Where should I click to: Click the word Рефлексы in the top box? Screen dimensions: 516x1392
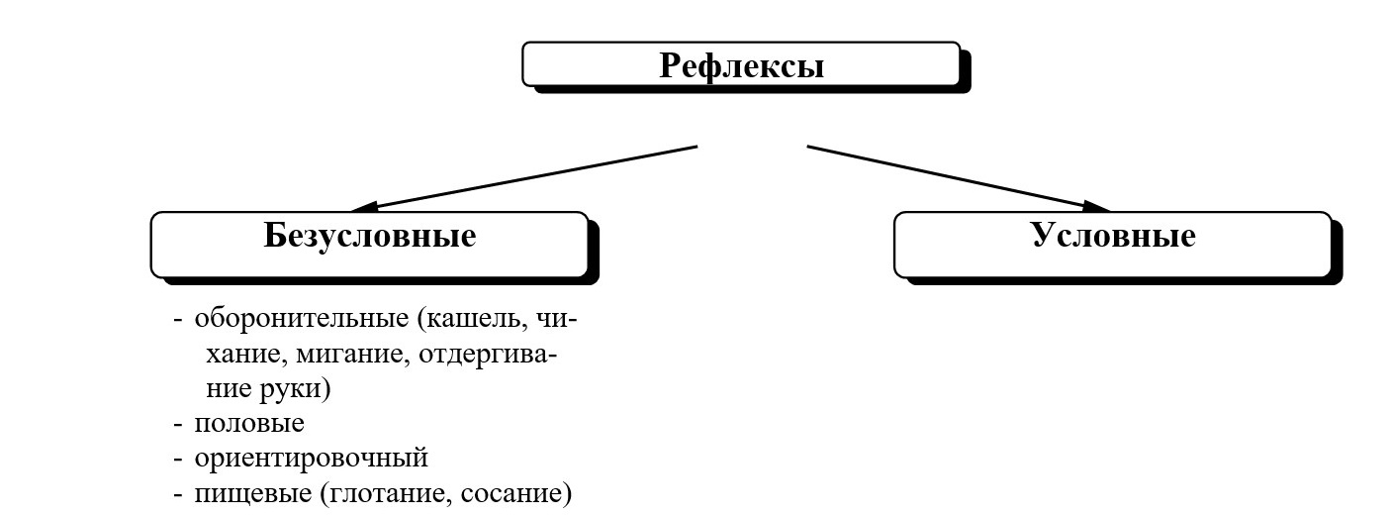[741, 66]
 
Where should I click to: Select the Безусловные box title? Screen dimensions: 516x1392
[369, 236]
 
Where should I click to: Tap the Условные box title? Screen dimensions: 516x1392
[1112, 236]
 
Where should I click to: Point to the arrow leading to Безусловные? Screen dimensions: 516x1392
[524, 178]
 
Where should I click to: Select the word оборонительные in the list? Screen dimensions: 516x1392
[302, 319]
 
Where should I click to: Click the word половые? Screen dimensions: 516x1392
[249, 423]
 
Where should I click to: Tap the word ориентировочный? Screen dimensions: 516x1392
[311, 458]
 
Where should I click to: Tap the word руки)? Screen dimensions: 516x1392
[297, 388]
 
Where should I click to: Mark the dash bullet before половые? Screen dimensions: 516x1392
[178, 424]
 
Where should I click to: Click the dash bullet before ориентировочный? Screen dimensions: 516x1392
[178, 459]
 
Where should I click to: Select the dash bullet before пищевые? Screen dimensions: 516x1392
[178, 494]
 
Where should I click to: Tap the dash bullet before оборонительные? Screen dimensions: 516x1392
[178, 320]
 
